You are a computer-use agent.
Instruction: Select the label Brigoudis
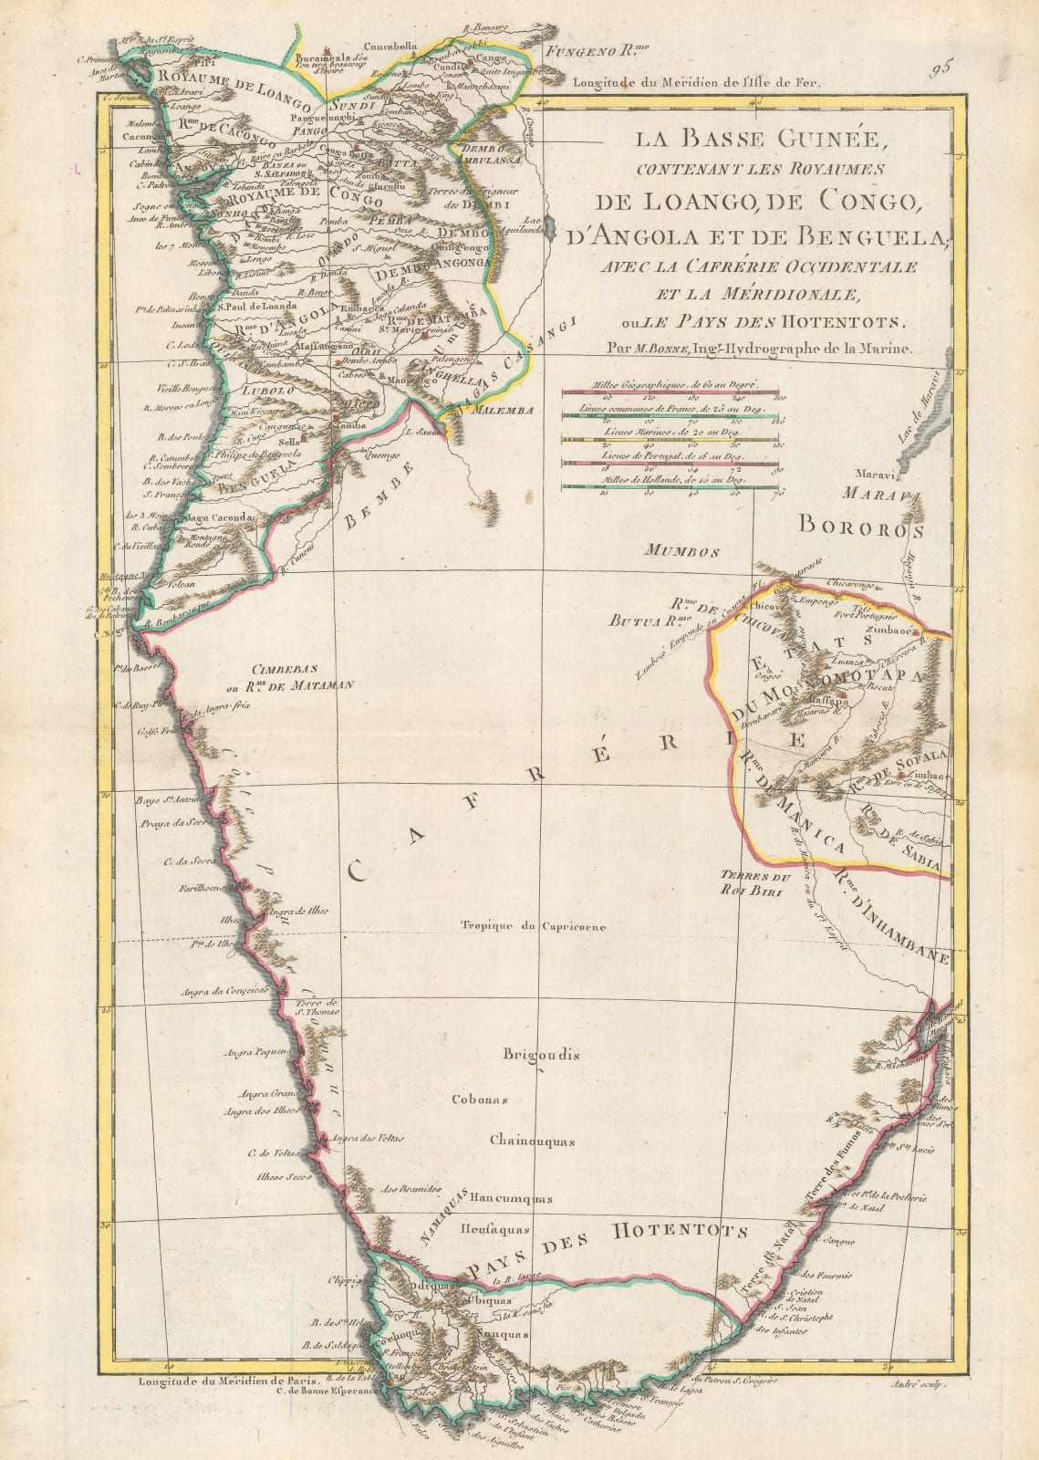coord(541,1055)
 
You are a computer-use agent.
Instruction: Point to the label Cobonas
coord(480,1099)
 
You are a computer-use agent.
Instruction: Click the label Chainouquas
coord(530,1141)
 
